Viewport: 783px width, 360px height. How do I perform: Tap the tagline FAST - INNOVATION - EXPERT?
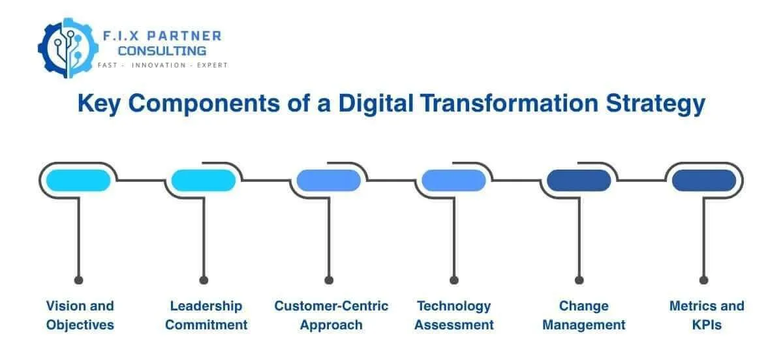click(162, 66)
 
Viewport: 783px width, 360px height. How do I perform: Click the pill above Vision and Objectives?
click(78, 180)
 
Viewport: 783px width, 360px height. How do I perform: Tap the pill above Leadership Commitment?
click(204, 180)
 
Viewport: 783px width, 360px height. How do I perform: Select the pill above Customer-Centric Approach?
click(329, 180)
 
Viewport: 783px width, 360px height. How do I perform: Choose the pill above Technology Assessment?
click(453, 180)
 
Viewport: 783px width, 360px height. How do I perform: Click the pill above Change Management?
click(579, 180)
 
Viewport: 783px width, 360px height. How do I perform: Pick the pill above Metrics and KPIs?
click(704, 180)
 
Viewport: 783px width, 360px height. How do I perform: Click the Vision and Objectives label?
click(80, 315)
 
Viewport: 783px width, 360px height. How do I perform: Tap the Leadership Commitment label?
click(206, 315)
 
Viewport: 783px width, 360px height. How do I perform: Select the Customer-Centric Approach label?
click(331, 315)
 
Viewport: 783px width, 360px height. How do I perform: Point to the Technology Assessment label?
click(455, 315)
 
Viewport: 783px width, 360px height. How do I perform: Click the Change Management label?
click(583, 315)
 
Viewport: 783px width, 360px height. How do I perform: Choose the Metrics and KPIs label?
click(707, 315)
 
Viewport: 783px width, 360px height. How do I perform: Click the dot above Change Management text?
click(579, 280)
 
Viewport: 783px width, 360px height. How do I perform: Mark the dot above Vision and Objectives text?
click(79, 280)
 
